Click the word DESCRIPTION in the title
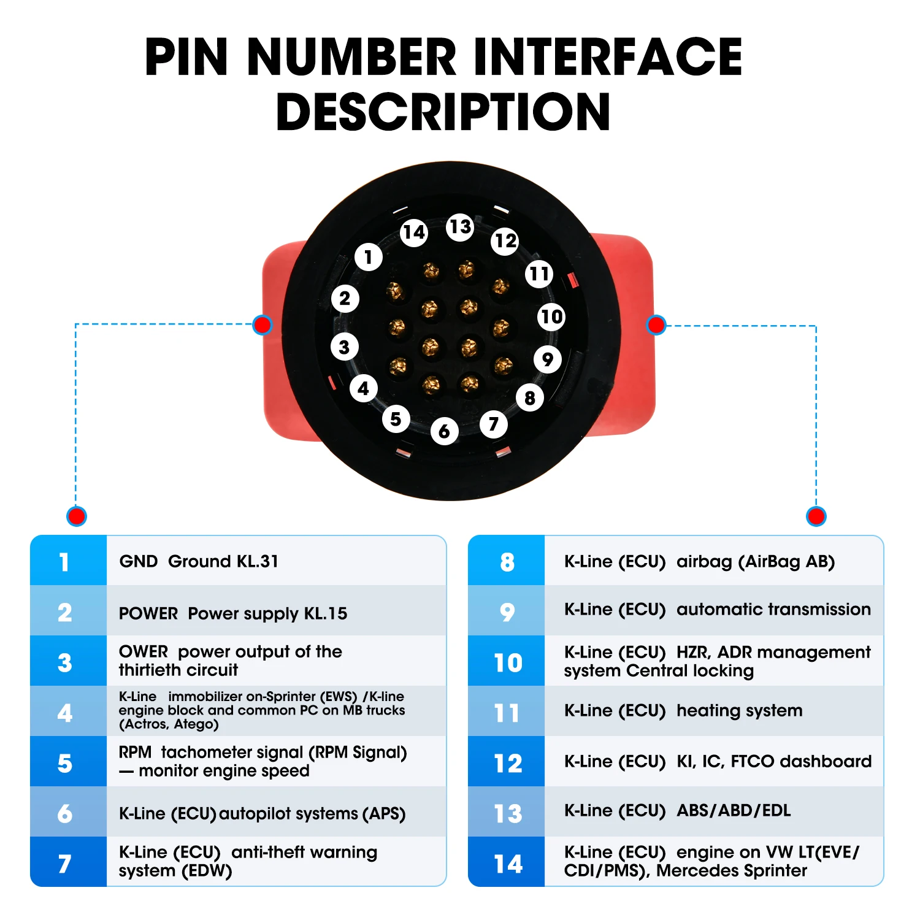[443, 112]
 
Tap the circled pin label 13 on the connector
[460, 227]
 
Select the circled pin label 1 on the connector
[368, 257]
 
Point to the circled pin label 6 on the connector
[444, 432]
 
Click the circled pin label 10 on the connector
[551, 316]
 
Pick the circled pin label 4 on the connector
[363, 388]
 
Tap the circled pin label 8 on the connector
[529, 398]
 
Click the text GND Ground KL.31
[199, 561]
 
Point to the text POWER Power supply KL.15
[233, 613]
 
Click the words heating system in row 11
[739, 710]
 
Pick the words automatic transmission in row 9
[773, 609]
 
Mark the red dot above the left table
[77, 516]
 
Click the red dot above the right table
[816, 516]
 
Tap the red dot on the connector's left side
[263, 324]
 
